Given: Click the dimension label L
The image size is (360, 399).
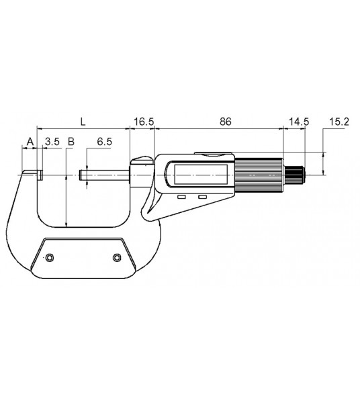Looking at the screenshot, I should pyautogui.click(x=83, y=122).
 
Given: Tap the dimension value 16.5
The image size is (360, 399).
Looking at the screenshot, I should pyautogui.click(x=144, y=122).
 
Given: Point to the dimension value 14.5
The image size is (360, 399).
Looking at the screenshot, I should pyautogui.click(x=298, y=122).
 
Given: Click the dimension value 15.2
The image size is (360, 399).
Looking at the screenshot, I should pyautogui.click(x=339, y=122).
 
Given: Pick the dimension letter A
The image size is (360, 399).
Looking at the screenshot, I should pyautogui.click(x=29, y=142).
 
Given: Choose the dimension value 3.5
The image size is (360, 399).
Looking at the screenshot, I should pyautogui.click(x=52, y=142).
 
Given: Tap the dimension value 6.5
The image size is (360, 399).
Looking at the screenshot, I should pyautogui.click(x=104, y=142).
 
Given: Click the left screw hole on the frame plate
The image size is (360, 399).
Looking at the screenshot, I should pyautogui.click(x=49, y=258).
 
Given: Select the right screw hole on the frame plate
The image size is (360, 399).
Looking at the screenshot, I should pyautogui.click(x=117, y=258).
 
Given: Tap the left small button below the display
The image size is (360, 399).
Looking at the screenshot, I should pyautogui.click(x=181, y=197).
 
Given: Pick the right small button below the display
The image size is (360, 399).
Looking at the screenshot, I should pyautogui.click(x=202, y=197).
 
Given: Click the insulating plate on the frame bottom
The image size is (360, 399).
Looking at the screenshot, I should pyautogui.click(x=83, y=257).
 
